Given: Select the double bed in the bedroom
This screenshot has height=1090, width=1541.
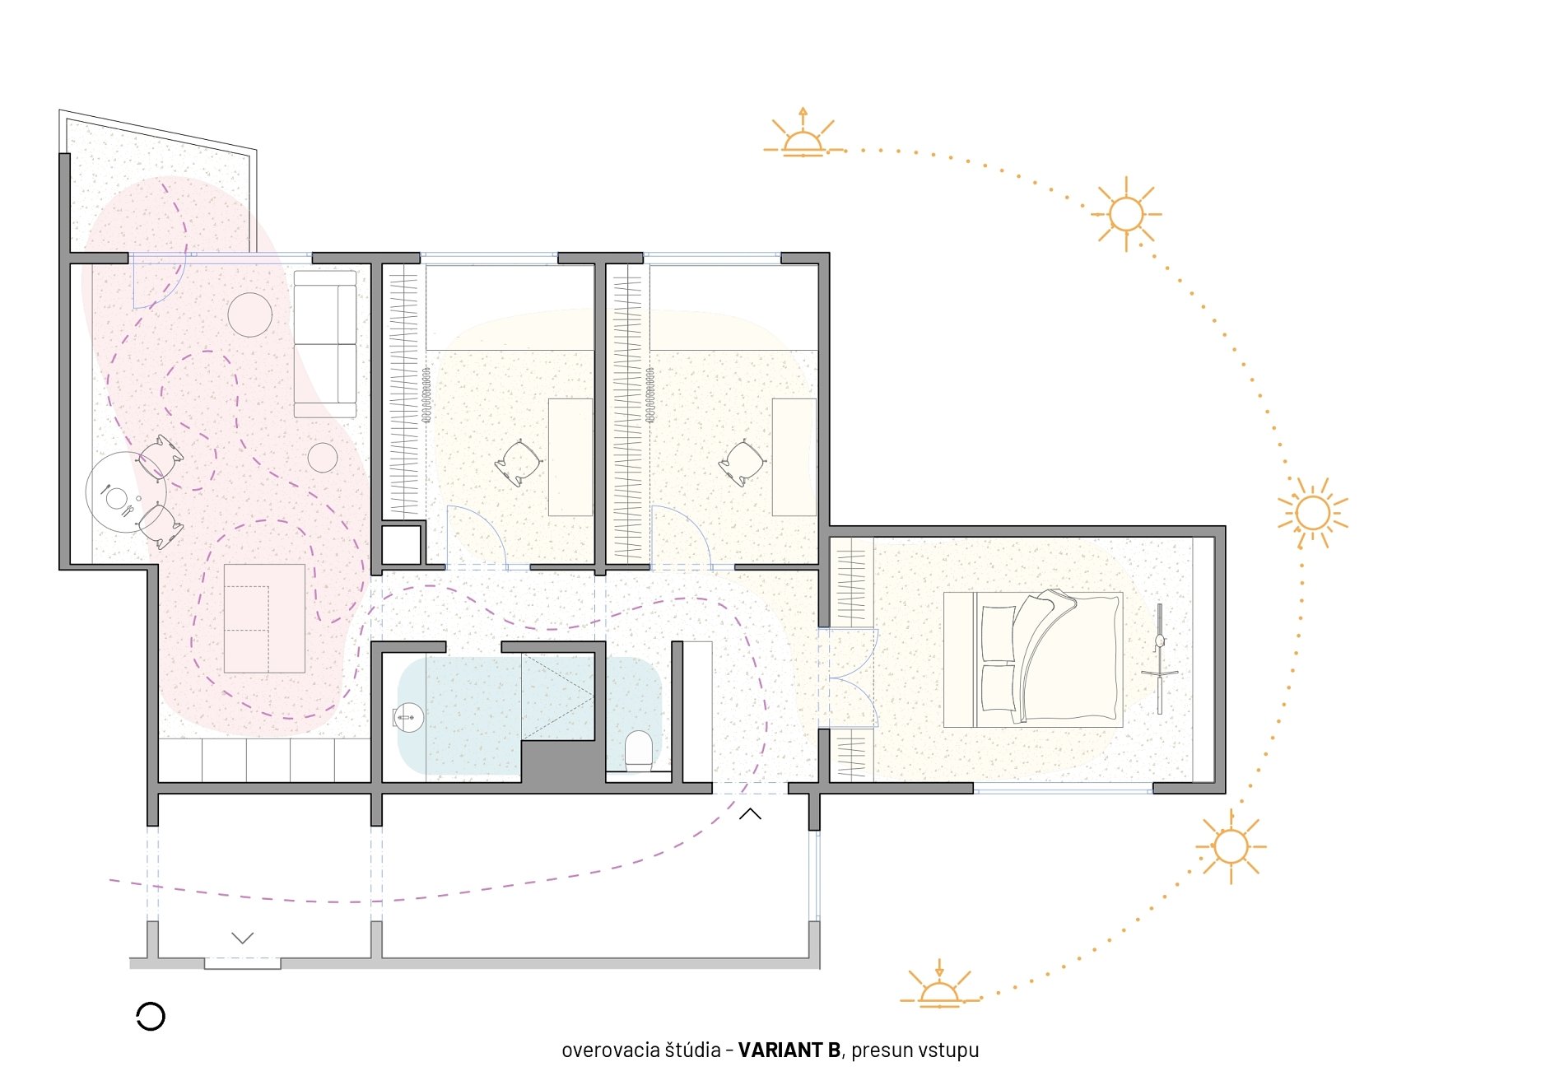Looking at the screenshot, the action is (1033, 658).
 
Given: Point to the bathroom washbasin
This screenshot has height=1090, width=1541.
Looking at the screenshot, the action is (408, 718).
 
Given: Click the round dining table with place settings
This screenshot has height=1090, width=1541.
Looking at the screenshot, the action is (125, 492).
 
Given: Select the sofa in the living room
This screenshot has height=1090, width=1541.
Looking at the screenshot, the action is (325, 343).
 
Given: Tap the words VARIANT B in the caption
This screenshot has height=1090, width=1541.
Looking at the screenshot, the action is (789, 1050).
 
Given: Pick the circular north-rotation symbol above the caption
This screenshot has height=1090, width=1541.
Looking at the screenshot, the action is (151, 1017).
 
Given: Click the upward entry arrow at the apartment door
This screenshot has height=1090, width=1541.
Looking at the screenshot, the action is (750, 814).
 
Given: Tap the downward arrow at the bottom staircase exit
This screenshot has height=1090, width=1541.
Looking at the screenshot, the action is (242, 938).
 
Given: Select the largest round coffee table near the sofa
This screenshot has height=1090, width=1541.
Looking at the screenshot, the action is (249, 314).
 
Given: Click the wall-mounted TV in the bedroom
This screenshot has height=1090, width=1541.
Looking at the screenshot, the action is (1160, 659).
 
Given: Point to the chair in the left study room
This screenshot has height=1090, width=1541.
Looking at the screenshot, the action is (519, 463).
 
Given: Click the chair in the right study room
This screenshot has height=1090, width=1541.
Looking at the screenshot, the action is (743, 463).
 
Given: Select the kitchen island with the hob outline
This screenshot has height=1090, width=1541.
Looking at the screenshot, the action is (264, 618).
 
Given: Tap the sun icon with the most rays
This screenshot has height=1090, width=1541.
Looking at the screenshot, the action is (1312, 513).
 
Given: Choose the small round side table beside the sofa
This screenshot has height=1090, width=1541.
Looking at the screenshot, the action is (323, 458).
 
